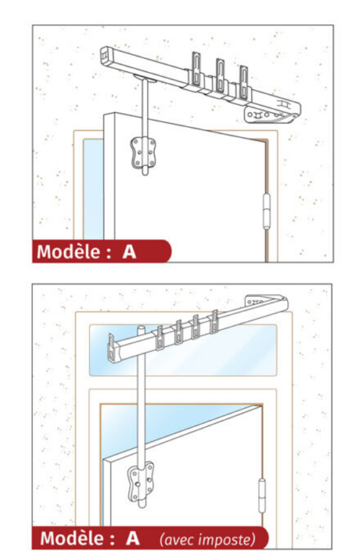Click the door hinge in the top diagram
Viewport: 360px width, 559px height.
tap(266, 211)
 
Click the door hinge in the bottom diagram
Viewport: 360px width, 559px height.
tap(262, 495)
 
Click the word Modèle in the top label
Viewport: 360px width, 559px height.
tap(69, 252)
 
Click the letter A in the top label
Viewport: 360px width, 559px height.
tap(129, 252)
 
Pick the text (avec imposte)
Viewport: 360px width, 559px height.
tap(208, 539)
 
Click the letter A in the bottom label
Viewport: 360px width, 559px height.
tap(133, 538)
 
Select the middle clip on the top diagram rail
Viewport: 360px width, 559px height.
tap(220, 78)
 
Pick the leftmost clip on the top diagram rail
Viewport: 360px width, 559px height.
tap(196, 70)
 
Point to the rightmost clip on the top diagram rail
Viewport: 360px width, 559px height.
tap(243, 84)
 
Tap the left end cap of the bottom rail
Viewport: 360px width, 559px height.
tap(112, 349)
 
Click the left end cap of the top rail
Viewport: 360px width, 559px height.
tap(104, 56)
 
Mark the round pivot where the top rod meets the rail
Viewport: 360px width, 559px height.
tap(145, 78)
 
